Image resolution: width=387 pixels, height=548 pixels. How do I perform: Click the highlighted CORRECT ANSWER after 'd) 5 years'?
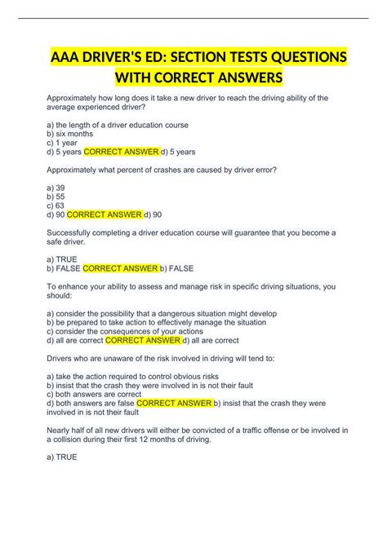121,151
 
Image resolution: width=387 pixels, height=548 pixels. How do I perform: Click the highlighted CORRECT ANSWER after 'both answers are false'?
174,402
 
